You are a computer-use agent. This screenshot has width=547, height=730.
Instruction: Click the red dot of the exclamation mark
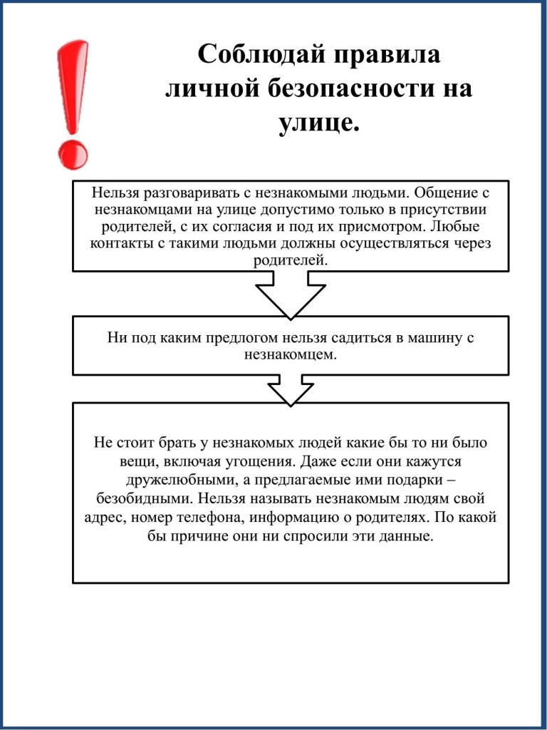point(72,153)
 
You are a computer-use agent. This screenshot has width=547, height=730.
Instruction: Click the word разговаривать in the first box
point(192,193)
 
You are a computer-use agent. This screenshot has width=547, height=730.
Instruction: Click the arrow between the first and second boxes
point(291,296)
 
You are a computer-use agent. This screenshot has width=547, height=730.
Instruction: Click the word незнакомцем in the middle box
point(290,354)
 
